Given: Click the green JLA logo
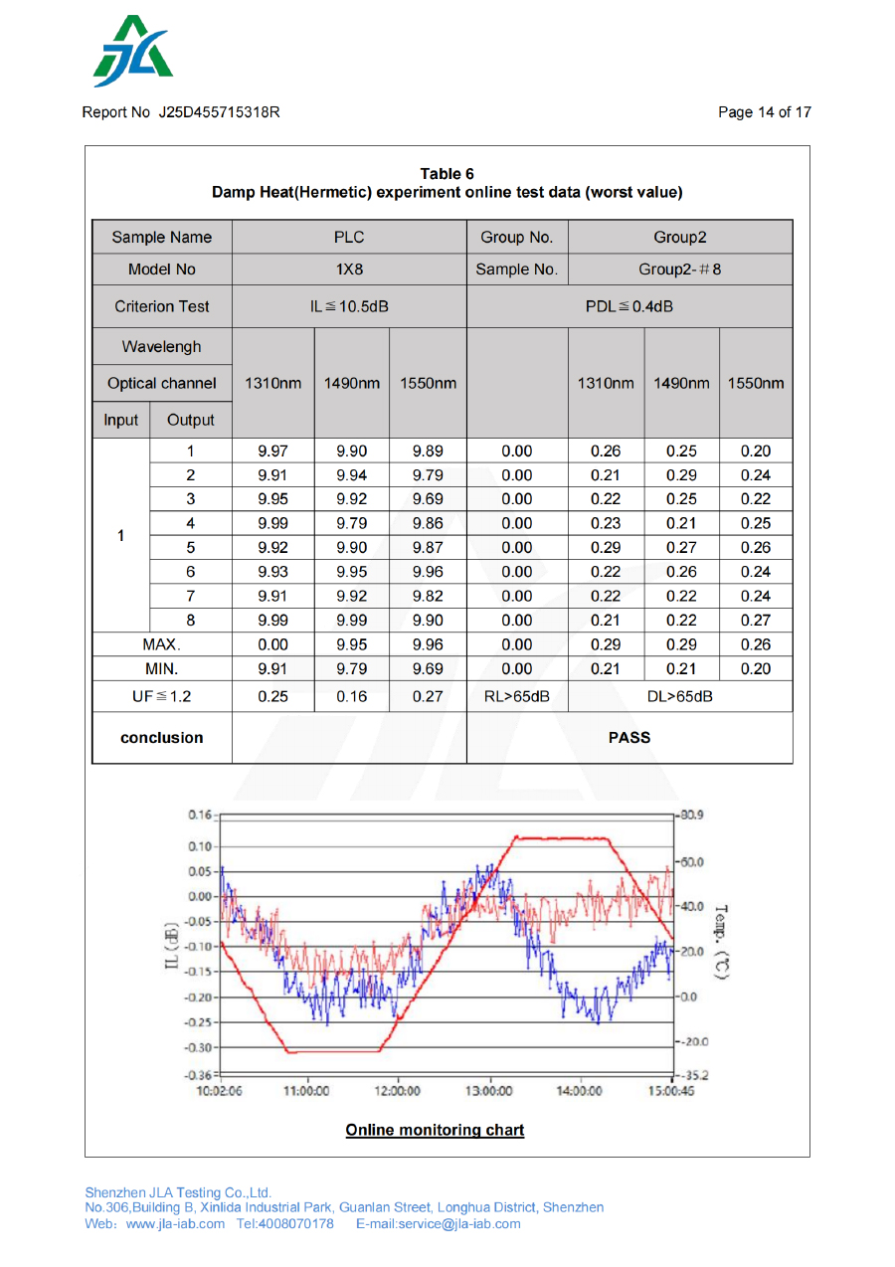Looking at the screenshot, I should coord(133,52).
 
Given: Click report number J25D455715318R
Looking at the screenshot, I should coord(219,112).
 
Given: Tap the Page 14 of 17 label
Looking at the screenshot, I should coord(764,112).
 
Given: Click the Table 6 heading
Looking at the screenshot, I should coord(447,174).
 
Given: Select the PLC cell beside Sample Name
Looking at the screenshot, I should coord(349,237).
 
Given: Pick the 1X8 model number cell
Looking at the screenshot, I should coord(349,270).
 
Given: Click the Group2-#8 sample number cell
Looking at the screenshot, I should coord(680,270).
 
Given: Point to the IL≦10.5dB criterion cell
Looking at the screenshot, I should coord(349,306).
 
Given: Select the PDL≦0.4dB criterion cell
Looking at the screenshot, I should coord(629,306).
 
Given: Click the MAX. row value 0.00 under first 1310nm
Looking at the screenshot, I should coord(272,644).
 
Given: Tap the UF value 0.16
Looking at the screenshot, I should coord(351,696).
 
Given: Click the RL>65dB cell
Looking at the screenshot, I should coord(516,696).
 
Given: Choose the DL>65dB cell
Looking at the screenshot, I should coord(680,696).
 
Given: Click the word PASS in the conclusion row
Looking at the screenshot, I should coord(628,737).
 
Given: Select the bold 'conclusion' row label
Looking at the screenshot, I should coord(161,737).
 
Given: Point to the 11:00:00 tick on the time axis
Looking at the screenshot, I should coord(306,1091).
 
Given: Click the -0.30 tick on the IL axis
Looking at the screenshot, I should coord(200,1047).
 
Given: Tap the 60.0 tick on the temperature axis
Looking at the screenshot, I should coord(692,861).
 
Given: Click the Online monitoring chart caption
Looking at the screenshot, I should coord(435,1130).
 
